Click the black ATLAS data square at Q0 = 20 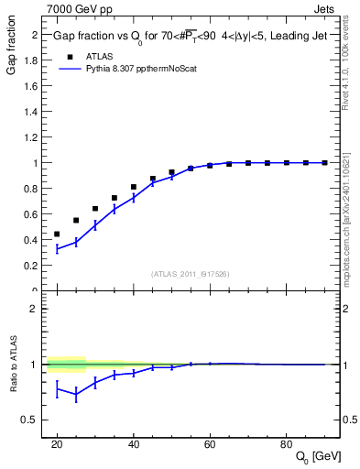[x=57, y=234]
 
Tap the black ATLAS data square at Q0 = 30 [x=95, y=209]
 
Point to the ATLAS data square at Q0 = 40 [x=134, y=187]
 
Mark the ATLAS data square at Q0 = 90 [x=325, y=163]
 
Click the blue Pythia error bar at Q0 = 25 [x=76, y=243]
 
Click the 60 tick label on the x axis [x=210, y=444]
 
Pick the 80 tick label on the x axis [x=287, y=444]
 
